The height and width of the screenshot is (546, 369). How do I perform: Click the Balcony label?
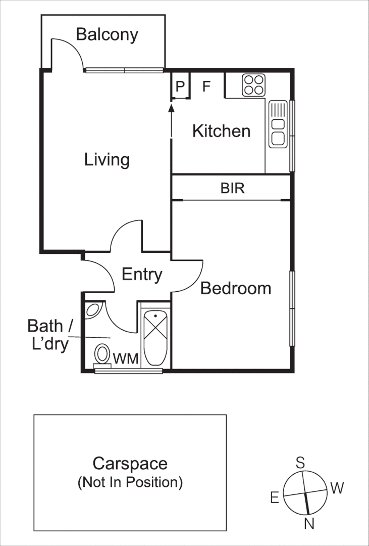pos(107,34)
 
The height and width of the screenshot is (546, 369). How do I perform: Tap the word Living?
pos(107,160)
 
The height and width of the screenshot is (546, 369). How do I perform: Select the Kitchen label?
pos(221,131)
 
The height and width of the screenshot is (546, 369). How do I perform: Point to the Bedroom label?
pos(236,288)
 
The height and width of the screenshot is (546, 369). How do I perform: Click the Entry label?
pos(142,275)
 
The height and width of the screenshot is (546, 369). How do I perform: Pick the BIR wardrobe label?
pos(232,189)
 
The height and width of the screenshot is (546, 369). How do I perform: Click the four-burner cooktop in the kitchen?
pos(253,85)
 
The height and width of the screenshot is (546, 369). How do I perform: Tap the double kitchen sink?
pos(278,124)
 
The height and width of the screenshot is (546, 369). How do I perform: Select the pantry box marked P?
pos(180,86)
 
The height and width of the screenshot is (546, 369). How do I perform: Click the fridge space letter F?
pos(206,86)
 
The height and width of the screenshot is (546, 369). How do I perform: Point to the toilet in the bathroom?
pos(102,354)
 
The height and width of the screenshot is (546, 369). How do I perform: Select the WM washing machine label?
pos(125,359)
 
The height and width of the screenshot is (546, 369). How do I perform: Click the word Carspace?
pos(130,463)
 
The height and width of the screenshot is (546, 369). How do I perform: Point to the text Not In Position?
pos(130,482)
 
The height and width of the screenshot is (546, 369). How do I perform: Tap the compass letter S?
pos(300,462)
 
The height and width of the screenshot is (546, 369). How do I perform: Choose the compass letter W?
pos(337,488)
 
